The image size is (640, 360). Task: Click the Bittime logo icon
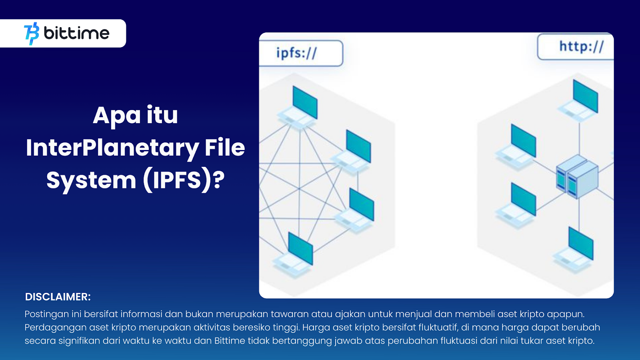[x=32, y=34]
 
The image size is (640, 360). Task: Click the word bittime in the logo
[x=76, y=33]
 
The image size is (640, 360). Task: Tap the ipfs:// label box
[x=301, y=53]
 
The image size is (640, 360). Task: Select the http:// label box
[x=576, y=46]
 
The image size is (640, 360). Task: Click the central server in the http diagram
[x=577, y=177]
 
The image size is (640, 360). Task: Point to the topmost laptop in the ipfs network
[x=298, y=108]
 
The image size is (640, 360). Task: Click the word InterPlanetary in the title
[x=112, y=148]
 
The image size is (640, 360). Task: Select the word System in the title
[x=91, y=180]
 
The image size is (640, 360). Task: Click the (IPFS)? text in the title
[x=184, y=180]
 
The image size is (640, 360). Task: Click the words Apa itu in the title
[x=136, y=116]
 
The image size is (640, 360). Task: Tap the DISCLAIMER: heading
[x=58, y=297]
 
